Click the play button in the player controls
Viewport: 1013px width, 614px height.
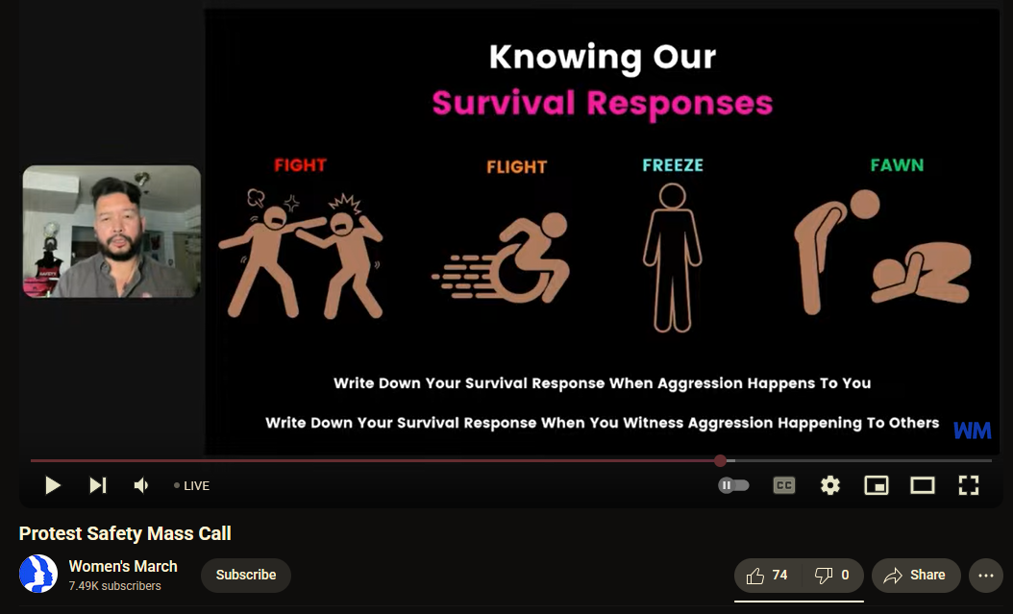53,485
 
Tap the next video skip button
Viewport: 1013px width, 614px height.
98,485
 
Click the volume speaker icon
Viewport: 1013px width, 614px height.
141,485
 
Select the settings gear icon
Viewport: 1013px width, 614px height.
830,485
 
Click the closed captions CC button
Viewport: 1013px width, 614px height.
783,485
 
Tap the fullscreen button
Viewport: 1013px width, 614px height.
969,485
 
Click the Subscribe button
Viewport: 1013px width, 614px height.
245,575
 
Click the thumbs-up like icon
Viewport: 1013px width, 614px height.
754,576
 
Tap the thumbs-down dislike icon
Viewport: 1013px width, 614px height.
823,576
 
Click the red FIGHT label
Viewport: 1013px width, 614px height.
301,165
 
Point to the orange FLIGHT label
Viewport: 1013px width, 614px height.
517,167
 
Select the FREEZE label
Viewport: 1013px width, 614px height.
673,165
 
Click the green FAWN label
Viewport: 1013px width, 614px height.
897,165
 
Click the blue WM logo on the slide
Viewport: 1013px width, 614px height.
973,430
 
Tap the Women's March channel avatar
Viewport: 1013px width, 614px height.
38,574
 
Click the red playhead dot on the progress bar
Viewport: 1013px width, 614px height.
720,460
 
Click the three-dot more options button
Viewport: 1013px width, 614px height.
986,576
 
